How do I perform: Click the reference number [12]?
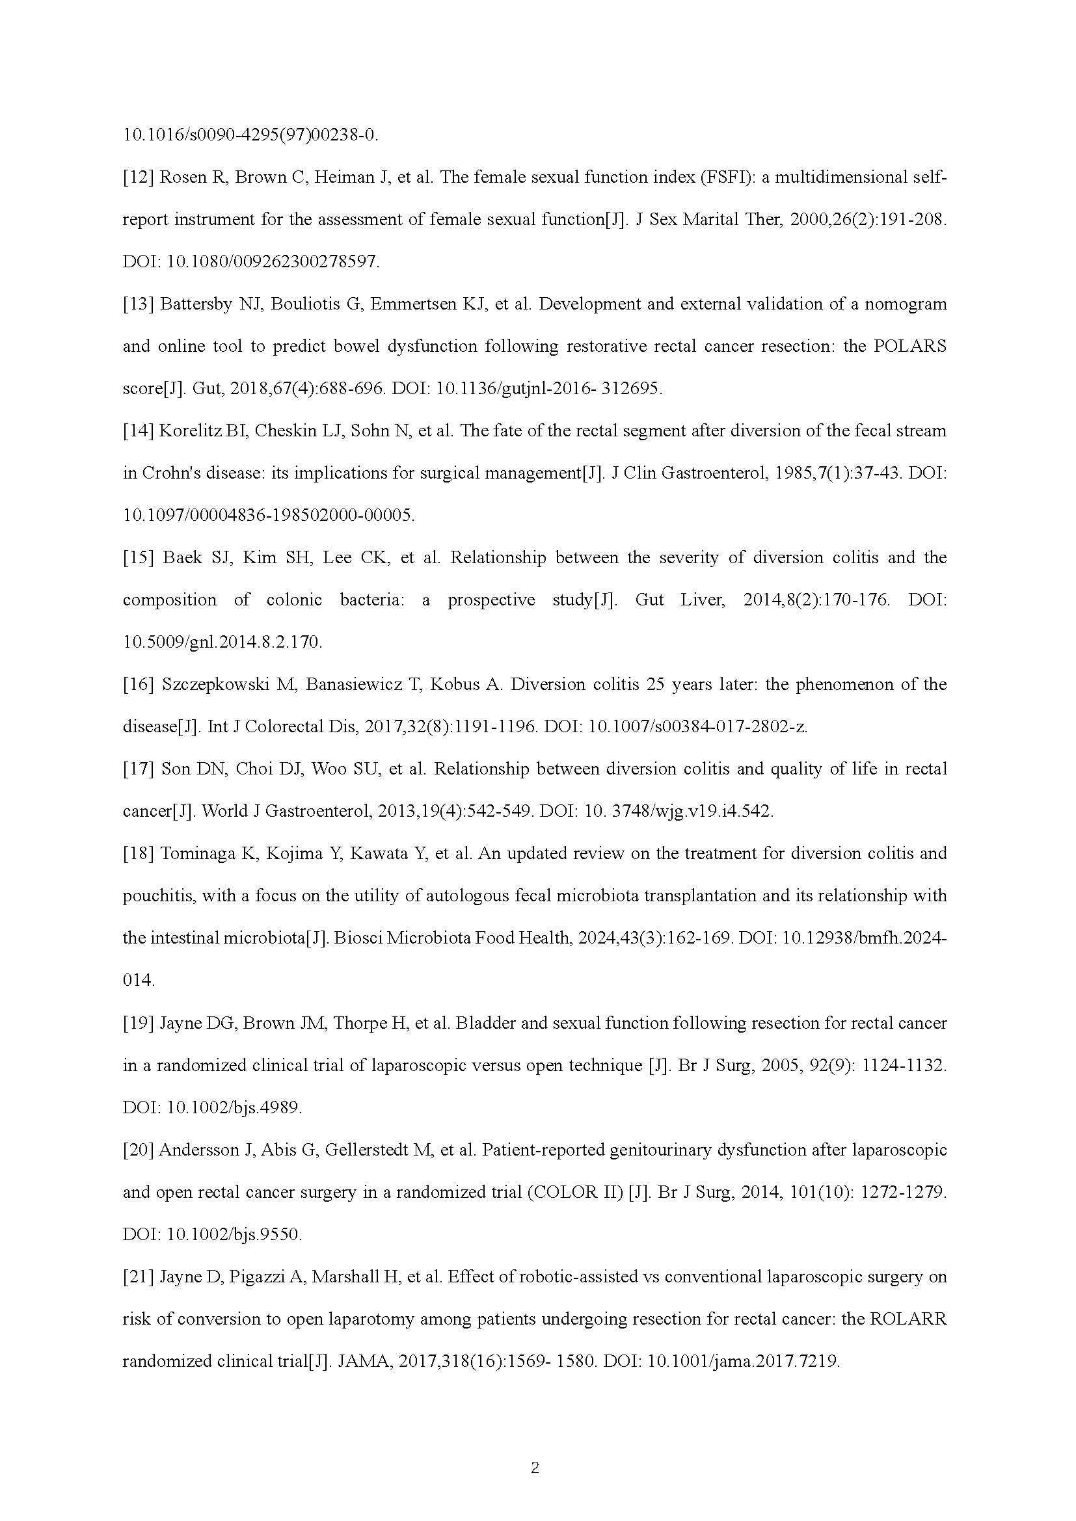click(x=138, y=178)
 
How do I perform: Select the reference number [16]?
click(x=138, y=684)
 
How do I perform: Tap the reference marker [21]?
click(x=138, y=1276)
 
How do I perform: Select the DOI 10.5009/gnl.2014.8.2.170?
click(x=222, y=642)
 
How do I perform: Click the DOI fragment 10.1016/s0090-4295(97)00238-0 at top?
click(x=251, y=135)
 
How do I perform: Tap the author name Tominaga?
click(x=198, y=853)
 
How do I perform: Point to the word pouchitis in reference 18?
click(x=157, y=896)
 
